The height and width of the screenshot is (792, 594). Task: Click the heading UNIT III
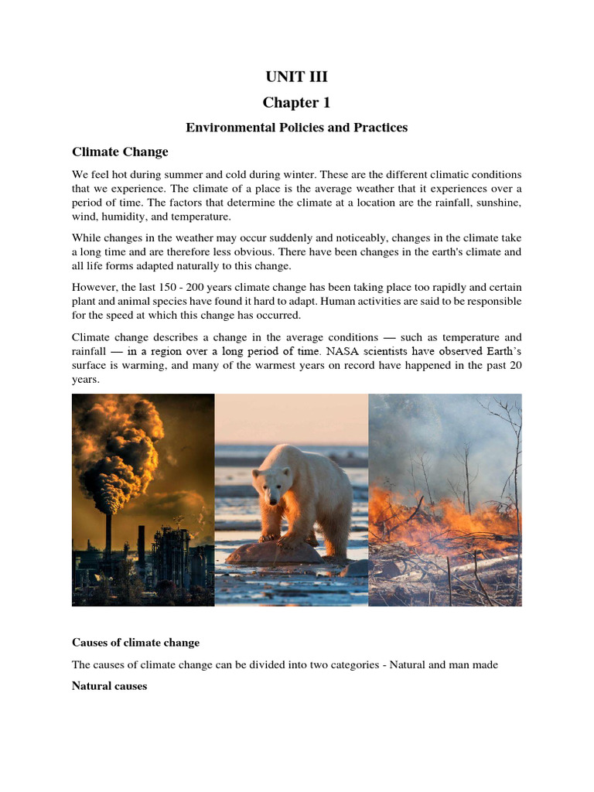point(296,76)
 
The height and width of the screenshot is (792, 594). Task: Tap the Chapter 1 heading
point(296,102)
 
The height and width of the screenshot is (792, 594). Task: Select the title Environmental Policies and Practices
point(296,127)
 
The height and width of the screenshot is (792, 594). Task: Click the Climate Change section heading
point(120,152)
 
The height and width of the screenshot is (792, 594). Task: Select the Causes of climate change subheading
point(135,643)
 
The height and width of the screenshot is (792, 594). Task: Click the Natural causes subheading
point(109,686)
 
